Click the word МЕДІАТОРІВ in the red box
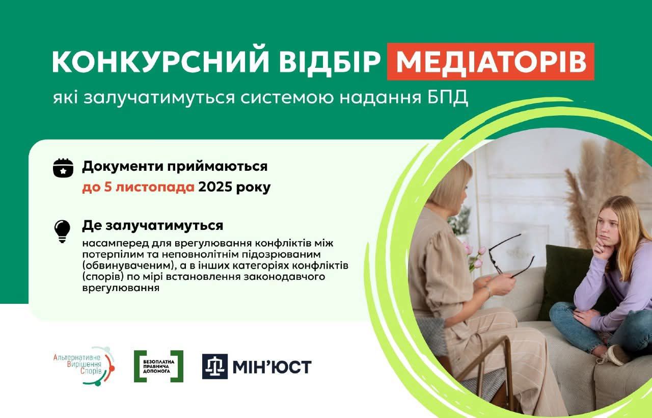[491, 62]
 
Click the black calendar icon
[63, 168]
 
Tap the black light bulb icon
[62, 231]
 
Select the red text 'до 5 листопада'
[138, 187]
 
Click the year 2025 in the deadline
[215, 187]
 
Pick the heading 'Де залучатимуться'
[153, 225]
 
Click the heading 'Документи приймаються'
[175, 166]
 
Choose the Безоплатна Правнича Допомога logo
[158, 366]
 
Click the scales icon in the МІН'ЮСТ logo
[215, 367]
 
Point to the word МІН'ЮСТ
[273, 367]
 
